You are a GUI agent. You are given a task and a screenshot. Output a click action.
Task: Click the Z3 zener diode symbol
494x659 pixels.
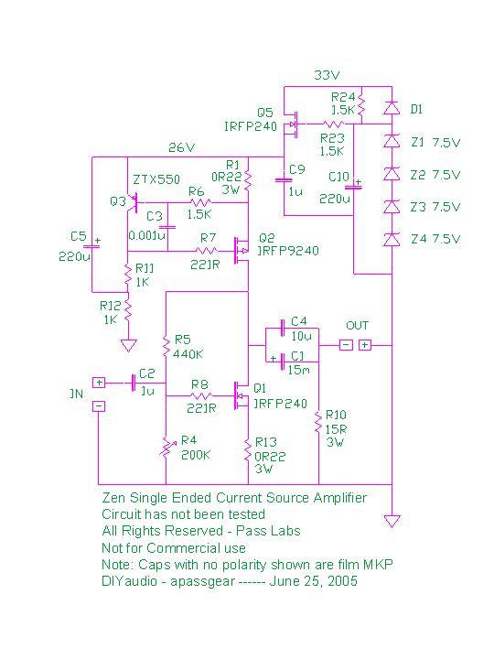[392, 207]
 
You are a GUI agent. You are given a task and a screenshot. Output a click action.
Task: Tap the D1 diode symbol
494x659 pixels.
[392, 108]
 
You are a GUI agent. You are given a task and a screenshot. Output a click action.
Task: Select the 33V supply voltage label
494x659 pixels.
[327, 75]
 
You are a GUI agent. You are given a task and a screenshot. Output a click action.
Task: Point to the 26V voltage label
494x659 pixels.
[181, 147]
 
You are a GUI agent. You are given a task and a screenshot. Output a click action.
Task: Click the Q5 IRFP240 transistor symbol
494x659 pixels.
[291, 124]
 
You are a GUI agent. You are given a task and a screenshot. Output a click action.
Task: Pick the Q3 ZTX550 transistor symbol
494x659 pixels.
[133, 202]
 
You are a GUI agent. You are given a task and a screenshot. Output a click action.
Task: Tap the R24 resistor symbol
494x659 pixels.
[361, 105]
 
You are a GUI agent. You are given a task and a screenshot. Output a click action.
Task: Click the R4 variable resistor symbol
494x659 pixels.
[166, 448]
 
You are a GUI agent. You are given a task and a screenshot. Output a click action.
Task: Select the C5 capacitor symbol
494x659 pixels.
[92, 246]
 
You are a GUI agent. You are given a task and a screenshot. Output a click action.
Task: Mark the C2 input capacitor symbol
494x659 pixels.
[134, 383]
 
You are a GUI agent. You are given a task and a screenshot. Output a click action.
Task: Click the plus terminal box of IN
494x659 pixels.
[99, 383]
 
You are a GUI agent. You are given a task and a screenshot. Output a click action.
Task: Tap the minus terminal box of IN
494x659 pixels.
[99, 406]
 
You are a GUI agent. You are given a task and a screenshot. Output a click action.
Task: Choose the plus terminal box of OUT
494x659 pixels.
[365, 345]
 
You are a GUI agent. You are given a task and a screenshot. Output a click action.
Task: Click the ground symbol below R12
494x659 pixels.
[128, 345]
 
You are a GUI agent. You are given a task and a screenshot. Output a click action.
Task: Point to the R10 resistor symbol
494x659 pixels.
[319, 423]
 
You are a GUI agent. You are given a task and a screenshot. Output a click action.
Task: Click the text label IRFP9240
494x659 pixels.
[288, 251]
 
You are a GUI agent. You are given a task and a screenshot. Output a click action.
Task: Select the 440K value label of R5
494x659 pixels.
[188, 354]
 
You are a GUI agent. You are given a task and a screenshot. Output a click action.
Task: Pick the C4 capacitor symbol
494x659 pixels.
[283, 328]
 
